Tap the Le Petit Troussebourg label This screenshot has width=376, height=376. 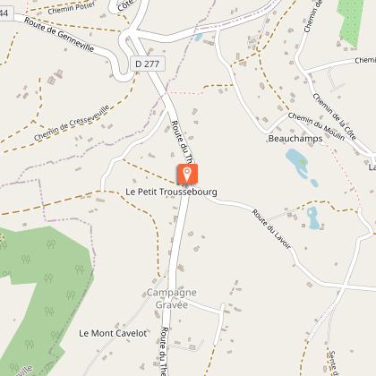[x=171, y=192]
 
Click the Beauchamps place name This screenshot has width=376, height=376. [x=294, y=140]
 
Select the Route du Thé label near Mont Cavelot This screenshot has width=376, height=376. [x=167, y=349]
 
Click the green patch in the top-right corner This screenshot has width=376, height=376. [x=357, y=18]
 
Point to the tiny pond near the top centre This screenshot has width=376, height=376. [x=197, y=37]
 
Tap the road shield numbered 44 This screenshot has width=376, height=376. [x=4, y=11]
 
